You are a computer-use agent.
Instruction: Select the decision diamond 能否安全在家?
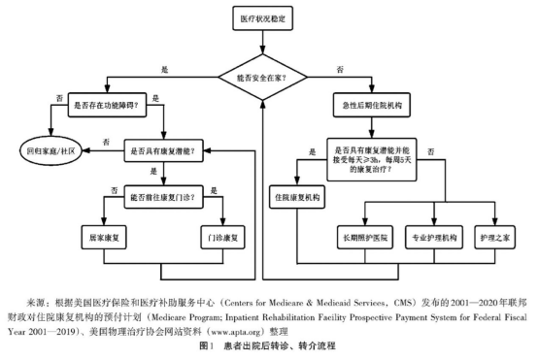coord(264,71)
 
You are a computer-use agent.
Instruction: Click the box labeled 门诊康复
coord(224,237)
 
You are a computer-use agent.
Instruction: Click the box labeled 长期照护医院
coord(364,237)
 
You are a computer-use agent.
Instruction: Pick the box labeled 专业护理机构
coord(431,237)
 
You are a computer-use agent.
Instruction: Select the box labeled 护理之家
coord(490,237)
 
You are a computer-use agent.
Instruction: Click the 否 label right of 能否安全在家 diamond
coord(338,70)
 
